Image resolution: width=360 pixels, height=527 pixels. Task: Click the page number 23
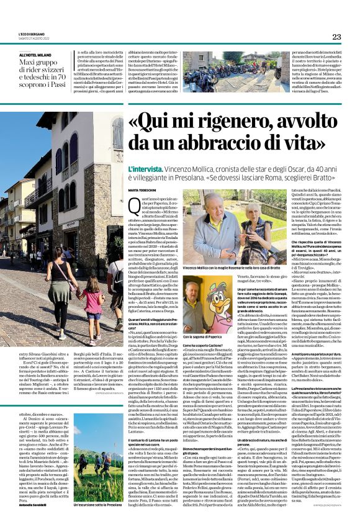tap(336, 37)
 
